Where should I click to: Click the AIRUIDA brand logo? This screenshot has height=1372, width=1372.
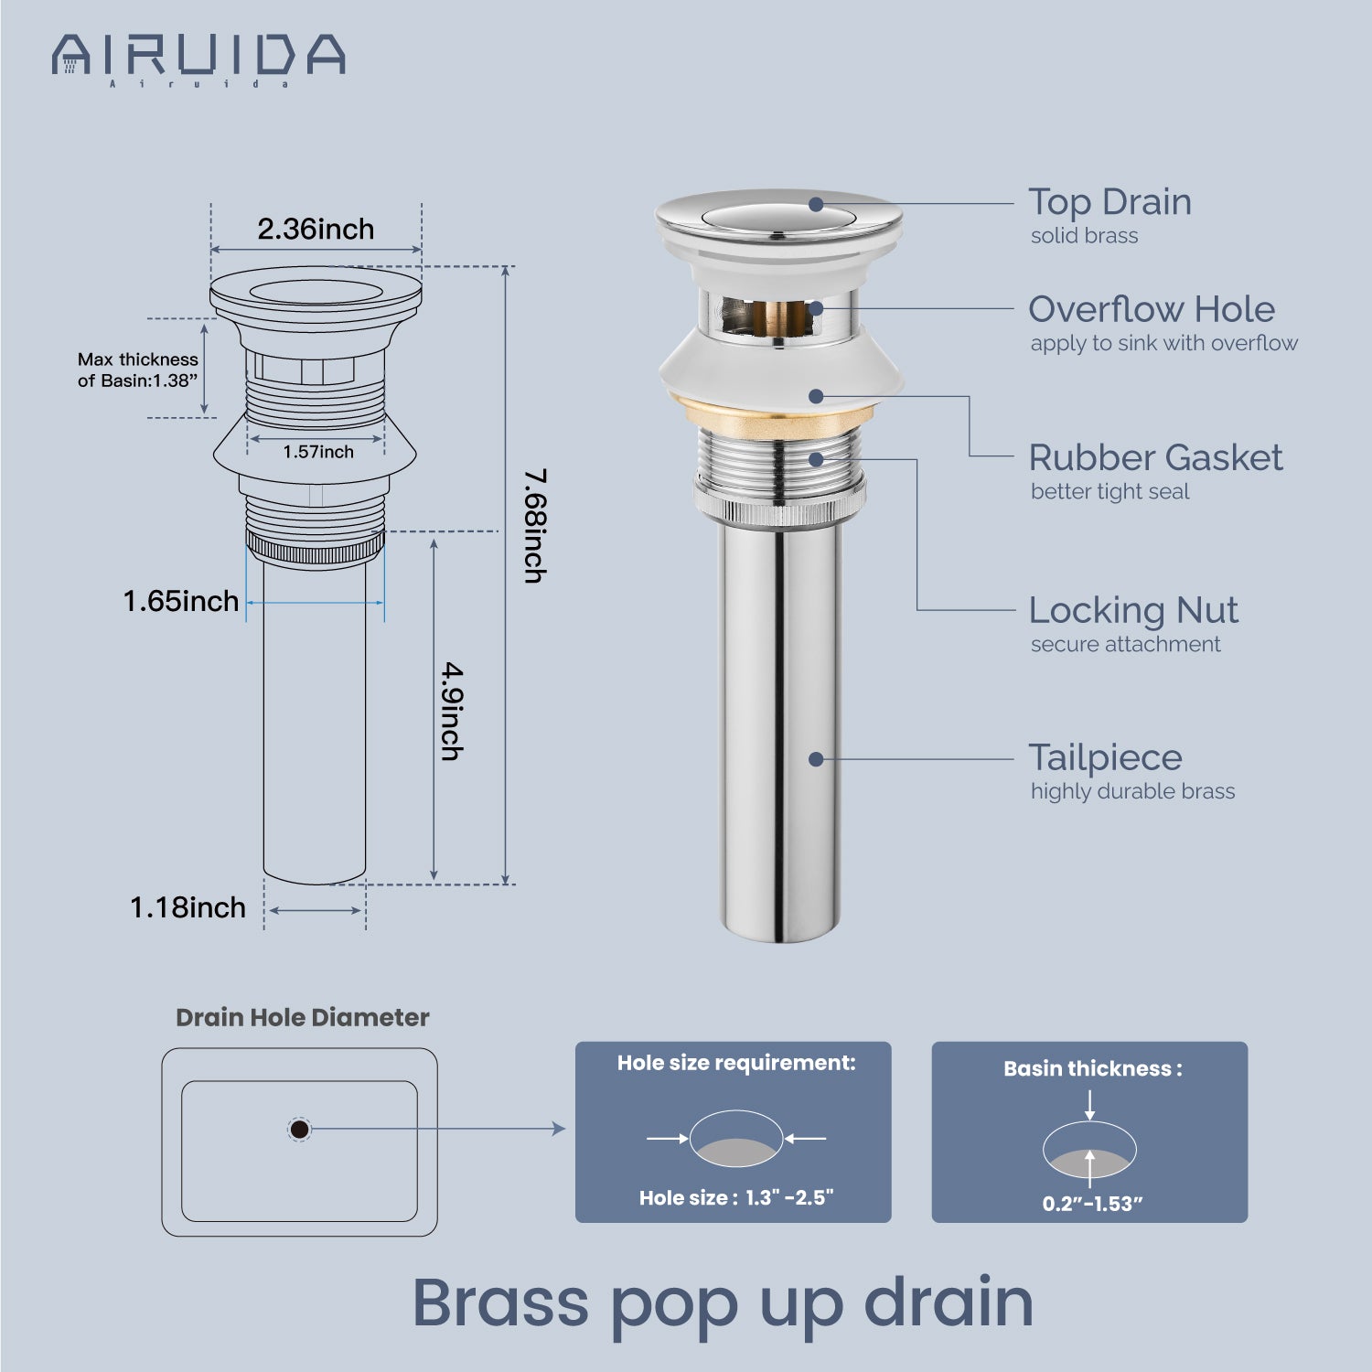(198, 59)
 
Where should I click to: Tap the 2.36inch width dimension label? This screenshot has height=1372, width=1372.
(316, 229)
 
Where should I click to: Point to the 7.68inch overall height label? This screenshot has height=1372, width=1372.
(535, 526)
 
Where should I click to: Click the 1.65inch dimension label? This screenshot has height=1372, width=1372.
(181, 601)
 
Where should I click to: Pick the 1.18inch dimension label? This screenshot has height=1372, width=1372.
(188, 907)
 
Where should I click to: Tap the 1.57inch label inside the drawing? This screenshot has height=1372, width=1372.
(318, 452)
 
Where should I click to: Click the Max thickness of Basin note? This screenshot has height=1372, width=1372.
(138, 370)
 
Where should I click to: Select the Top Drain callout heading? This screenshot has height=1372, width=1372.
(1109, 202)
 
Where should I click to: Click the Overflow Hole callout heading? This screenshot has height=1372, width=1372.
(1152, 309)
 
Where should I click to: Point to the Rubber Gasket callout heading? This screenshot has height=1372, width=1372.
(1155, 457)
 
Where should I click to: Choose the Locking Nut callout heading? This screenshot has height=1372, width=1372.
(1133, 610)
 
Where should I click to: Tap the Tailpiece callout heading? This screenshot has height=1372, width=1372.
(1105, 758)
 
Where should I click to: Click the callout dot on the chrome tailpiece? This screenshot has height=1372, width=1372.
(816, 759)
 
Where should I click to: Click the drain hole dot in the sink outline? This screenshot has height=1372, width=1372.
(299, 1130)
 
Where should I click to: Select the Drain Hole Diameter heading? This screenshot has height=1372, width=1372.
(303, 1017)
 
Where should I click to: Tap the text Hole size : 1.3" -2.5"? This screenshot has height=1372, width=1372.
(736, 1198)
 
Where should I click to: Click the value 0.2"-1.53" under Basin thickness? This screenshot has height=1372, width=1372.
(1093, 1204)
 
